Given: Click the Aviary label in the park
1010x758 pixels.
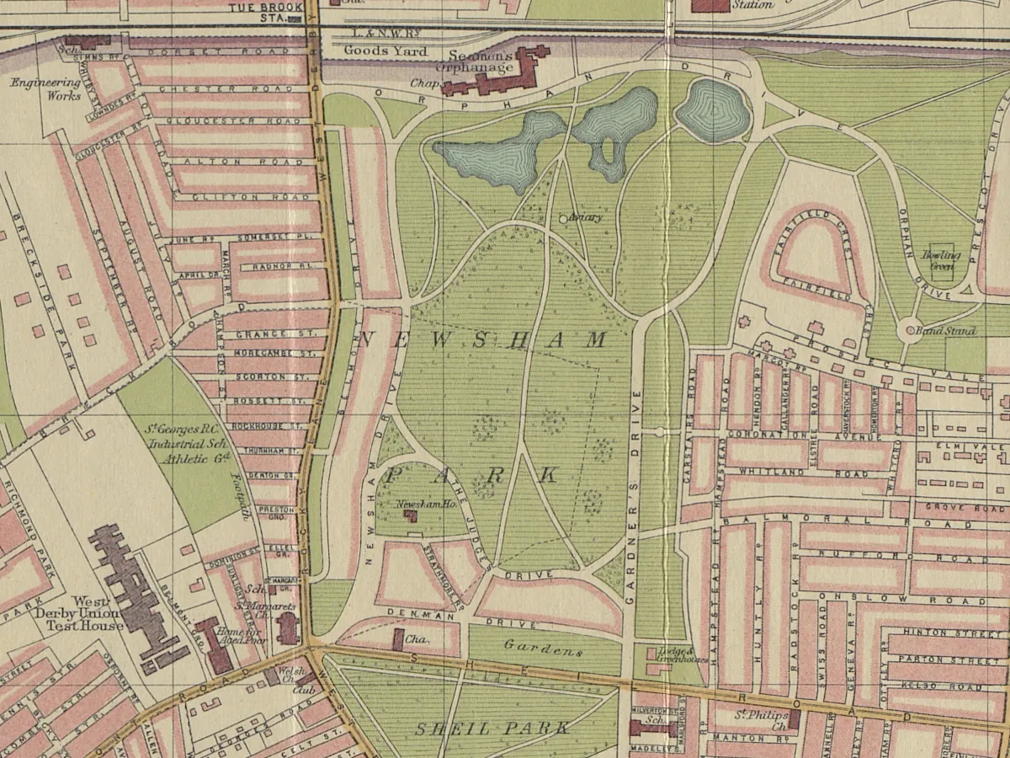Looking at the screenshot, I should click(586, 218).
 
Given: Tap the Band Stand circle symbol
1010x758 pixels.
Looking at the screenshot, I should click(910, 330).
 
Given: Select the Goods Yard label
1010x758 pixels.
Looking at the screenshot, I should click(380, 51).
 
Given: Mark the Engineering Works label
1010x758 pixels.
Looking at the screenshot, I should click(46, 89).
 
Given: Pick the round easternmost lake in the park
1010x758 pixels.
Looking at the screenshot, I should click(712, 110).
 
